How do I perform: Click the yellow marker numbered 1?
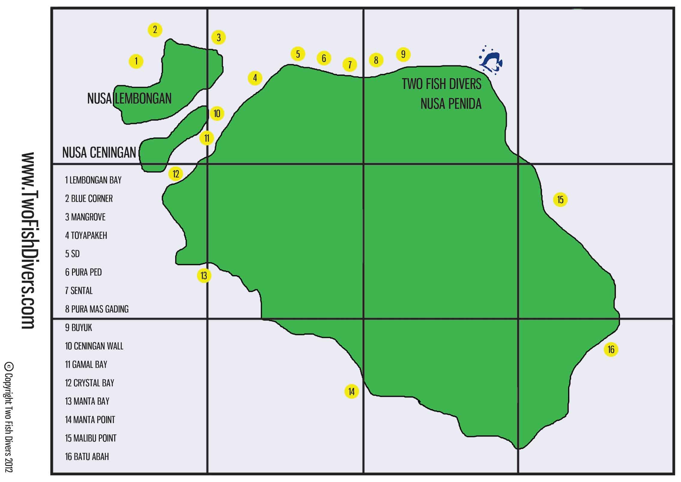136,61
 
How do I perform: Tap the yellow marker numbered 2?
155,30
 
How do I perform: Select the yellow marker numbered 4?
255,78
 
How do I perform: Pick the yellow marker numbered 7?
350,65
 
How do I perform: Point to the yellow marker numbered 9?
403,54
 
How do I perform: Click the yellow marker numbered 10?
217,114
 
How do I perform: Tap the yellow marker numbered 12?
176,174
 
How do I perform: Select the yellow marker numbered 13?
204,275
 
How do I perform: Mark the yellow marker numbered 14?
351,391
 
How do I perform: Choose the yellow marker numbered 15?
560,200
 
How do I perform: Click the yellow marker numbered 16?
611,349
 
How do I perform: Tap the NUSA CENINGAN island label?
99,153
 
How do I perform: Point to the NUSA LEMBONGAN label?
129,99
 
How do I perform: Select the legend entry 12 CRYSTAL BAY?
89,383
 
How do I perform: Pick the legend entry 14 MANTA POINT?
90,419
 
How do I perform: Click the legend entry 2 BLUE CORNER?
89,198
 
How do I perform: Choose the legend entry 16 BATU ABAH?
87,456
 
